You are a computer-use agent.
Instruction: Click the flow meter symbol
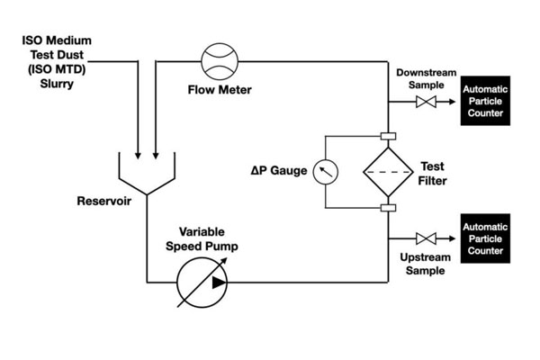[219, 62]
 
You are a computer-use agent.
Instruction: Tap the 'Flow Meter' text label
[219, 90]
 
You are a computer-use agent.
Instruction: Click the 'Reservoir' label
[103, 201]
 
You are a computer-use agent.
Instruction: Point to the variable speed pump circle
[203, 280]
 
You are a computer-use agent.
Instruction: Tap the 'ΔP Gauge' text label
[281, 170]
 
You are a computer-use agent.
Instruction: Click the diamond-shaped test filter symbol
[388, 171]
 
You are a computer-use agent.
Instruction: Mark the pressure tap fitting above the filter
[389, 137]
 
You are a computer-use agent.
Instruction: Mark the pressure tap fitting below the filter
[389, 209]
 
